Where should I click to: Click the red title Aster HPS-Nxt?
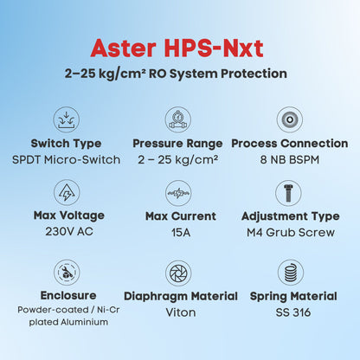[177, 48]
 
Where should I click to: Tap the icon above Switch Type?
[67, 119]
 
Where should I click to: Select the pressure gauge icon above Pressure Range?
[178, 119]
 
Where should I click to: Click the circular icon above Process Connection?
[290, 119]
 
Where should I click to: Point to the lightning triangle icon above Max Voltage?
[67, 193]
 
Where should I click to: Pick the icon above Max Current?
[178, 193]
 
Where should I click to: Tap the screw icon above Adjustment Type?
[288, 193]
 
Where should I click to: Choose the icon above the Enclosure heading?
[67, 273]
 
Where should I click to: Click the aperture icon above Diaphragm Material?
[178, 273]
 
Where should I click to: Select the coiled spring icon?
[291, 273]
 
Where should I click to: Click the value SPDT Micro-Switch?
[67, 160]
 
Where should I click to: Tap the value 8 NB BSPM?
[290, 160]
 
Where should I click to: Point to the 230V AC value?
[69, 231]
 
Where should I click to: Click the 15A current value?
[181, 232]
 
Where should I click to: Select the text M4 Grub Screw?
[291, 232]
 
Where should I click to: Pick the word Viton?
[181, 312]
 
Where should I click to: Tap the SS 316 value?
[293, 312]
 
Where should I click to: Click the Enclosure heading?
[68, 295]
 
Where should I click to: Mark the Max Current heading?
[181, 216]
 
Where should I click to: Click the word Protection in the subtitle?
[254, 74]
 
